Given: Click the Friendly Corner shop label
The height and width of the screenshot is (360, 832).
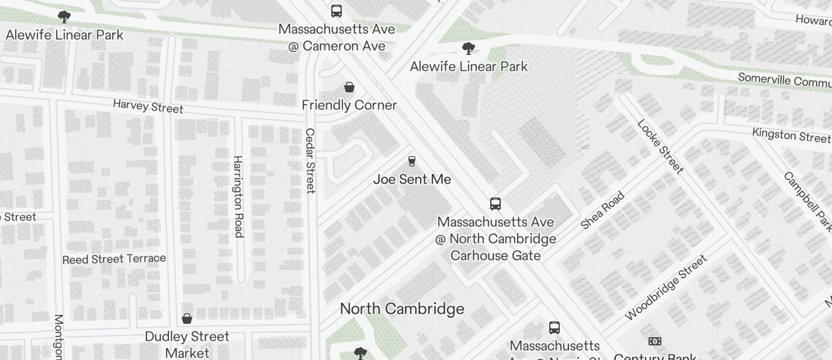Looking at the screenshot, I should pyautogui.click(x=349, y=105).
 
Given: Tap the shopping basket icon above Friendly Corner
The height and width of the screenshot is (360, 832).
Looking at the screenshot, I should pyautogui.click(x=349, y=88).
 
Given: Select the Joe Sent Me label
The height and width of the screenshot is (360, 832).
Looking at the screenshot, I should pyautogui.click(x=412, y=179).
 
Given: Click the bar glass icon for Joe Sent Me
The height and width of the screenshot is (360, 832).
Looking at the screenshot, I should pyautogui.click(x=412, y=161).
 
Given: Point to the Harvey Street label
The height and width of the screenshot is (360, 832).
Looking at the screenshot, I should pyautogui.click(x=148, y=106).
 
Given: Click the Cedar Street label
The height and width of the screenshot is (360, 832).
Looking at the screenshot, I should pyautogui.click(x=310, y=161).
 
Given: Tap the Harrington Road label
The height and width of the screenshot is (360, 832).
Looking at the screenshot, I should pyautogui.click(x=238, y=196).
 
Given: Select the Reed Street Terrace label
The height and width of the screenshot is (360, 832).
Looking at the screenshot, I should pyautogui.click(x=114, y=259).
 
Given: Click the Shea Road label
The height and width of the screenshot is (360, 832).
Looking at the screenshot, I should pyautogui.click(x=603, y=210).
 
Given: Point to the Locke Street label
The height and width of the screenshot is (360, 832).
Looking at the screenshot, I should pyautogui.click(x=660, y=147).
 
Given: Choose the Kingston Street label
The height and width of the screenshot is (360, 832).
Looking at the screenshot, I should pyautogui.click(x=791, y=135).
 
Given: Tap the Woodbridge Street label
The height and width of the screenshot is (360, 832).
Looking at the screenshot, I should pyautogui.click(x=666, y=287).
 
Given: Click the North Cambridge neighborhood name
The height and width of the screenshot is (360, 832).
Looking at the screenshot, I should pyautogui.click(x=402, y=309).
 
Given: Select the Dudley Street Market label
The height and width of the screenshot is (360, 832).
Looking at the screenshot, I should pyautogui.click(x=187, y=344).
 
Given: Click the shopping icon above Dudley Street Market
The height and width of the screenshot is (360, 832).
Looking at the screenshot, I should pyautogui.click(x=187, y=319).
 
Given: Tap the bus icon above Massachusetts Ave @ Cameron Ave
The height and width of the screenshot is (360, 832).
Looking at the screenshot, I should pyautogui.click(x=337, y=11).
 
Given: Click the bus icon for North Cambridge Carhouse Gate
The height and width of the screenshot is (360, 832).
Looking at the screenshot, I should pyautogui.click(x=495, y=204).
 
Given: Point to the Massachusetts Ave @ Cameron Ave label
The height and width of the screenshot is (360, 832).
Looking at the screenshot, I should pyautogui.click(x=337, y=37).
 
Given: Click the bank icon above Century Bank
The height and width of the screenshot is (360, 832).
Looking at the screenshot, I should pyautogui.click(x=655, y=341).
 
